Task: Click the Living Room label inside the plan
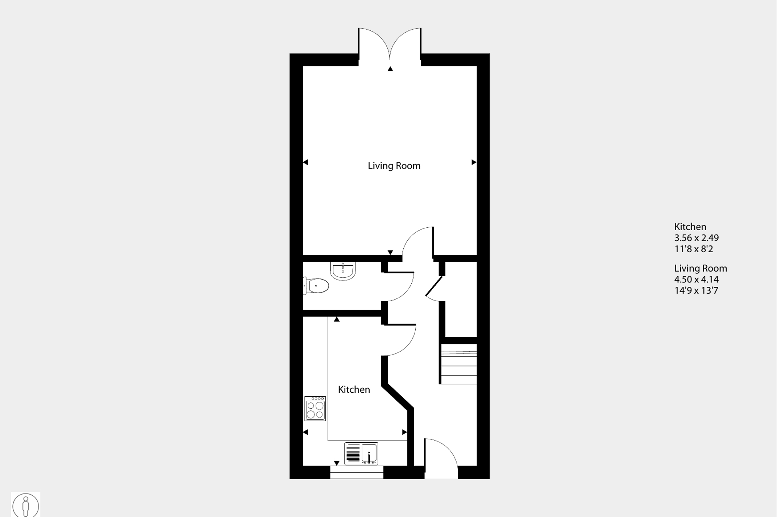[x=394, y=166]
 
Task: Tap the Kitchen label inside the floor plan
[x=354, y=390]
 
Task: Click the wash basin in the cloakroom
[x=343, y=270]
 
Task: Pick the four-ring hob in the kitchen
[x=315, y=409]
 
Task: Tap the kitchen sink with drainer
[x=361, y=453]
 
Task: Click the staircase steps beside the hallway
[x=459, y=364]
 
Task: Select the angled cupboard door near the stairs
[x=434, y=287]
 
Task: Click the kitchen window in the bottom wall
[x=356, y=472]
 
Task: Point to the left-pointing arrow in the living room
[x=305, y=162]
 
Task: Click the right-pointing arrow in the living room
[x=474, y=162]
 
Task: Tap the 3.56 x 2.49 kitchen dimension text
[x=696, y=238]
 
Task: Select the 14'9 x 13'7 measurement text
[x=696, y=291]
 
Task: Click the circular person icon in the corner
[x=26, y=505]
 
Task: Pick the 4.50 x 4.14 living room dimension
[x=696, y=280]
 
